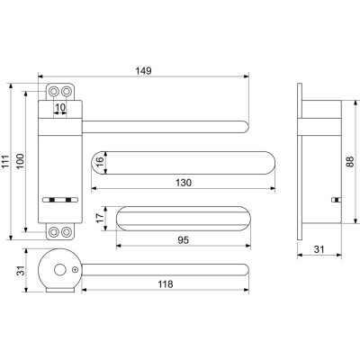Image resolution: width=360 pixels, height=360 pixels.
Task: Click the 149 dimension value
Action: click(143, 71)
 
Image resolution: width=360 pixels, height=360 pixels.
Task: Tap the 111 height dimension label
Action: click(6, 162)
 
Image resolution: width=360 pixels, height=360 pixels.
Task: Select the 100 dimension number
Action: click(20, 161)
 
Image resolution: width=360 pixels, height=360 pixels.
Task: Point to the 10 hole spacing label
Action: click(60, 107)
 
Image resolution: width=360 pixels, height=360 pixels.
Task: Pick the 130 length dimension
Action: click(184, 183)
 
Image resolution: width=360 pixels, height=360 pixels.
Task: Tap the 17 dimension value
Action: click(101, 218)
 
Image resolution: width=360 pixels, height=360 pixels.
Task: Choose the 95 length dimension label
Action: click(184, 240)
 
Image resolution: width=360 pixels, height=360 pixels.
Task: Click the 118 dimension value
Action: click(166, 284)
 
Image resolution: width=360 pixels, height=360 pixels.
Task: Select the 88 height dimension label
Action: click(350, 161)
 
